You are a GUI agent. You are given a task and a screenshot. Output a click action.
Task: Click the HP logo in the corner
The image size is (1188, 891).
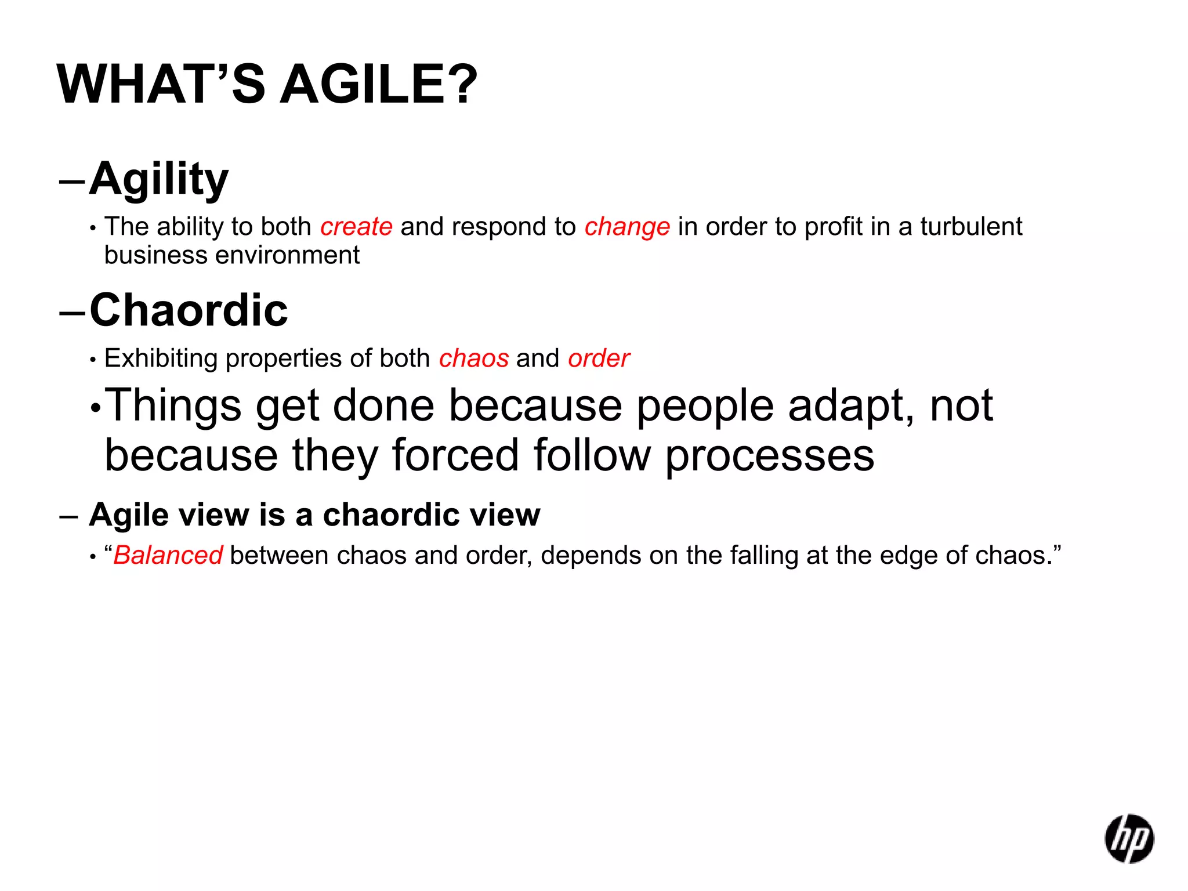click(1129, 838)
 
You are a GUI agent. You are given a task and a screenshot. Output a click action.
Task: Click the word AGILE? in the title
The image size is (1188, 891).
click(379, 85)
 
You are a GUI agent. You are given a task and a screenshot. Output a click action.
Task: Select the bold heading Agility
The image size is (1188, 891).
click(159, 180)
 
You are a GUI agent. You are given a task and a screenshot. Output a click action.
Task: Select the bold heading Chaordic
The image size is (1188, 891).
click(189, 310)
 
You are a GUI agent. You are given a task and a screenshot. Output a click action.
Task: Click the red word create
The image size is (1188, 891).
click(356, 227)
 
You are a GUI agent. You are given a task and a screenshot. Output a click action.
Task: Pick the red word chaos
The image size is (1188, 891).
click(473, 358)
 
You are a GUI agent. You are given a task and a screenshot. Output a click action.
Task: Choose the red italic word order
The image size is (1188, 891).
click(599, 358)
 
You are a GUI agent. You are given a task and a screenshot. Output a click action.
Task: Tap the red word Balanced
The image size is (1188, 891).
click(168, 555)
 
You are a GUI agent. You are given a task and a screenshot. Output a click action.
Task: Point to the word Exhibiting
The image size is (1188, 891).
click(161, 358)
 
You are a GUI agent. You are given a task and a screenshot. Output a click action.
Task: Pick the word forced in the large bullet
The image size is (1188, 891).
click(455, 455)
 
